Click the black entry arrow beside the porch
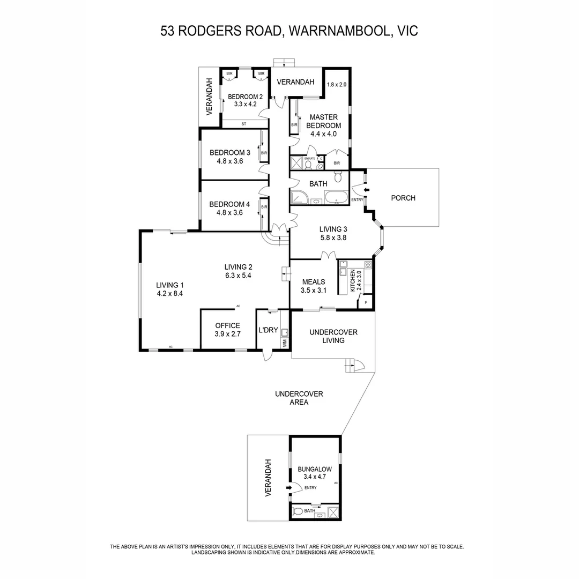(x=367, y=190)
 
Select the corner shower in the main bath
(x=299, y=198)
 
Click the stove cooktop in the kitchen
(x=368, y=265)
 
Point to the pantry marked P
(x=366, y=303)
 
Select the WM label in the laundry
(x=284, y=342)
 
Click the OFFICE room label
(x=227, y=325)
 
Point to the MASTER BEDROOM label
(x=323, y=121)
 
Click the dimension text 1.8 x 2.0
(x=337, y=85)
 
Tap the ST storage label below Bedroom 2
(x=243, y=124)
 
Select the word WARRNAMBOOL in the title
(x=338, y=31)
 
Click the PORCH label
(x=403, y=198)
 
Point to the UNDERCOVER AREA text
(x=299, y=398)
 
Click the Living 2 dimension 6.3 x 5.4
(x=238, y=276)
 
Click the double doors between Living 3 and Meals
(x=328, y=256)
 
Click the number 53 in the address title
(x=169, y=31)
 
